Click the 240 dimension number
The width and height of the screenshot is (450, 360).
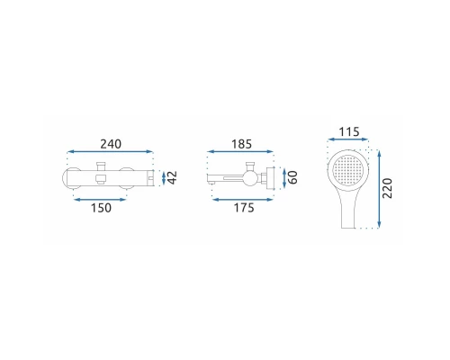111,144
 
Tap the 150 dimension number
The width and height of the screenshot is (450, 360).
101,208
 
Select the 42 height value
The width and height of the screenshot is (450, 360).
173,177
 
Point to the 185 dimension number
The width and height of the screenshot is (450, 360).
241,144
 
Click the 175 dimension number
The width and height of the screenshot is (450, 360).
244,208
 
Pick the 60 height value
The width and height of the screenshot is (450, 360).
292,177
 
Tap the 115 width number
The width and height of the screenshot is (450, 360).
349,132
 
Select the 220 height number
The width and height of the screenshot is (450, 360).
388,188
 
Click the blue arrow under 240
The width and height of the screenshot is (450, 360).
111,152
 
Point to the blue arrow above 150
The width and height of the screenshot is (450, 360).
101,200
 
